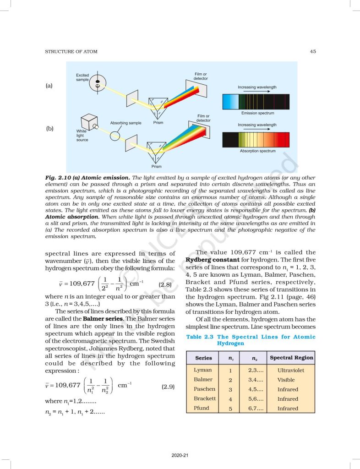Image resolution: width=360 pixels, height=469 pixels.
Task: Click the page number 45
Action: click(x=312, y=52)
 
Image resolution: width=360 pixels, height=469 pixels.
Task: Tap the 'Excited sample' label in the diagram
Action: click(x=83, y=77)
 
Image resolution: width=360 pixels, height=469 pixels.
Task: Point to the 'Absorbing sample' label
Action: click(x=125, y=123)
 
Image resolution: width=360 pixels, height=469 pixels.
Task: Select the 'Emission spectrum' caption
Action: click(x=258, y=113)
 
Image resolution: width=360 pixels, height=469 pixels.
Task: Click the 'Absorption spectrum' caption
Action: click(x=257, y=151)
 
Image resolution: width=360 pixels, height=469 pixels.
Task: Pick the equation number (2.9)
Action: click(x=168, y=387)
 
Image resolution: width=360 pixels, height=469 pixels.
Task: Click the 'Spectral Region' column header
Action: click(x=292, y=358)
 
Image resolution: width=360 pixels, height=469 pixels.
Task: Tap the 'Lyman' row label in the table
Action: click(x=203, y=370)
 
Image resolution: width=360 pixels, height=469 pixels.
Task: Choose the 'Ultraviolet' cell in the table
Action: click(x=290, y=370)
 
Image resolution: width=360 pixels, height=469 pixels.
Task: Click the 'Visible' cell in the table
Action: click(x=286, y=380)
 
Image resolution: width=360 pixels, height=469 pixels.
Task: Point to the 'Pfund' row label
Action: click(x=202, y=408)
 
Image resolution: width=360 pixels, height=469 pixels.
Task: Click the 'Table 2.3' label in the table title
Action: click(x=200, y=337)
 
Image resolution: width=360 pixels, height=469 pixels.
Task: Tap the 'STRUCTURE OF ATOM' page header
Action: click(x=71, y=52)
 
